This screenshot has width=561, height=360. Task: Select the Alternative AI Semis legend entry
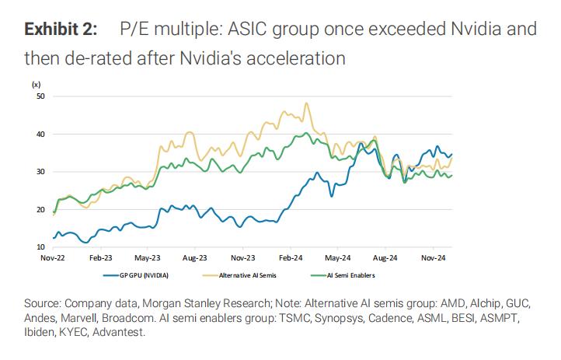coord(246,274)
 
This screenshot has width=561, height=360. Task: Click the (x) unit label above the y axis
coord(37,83)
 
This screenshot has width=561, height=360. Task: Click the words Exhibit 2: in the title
coord(61,30)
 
